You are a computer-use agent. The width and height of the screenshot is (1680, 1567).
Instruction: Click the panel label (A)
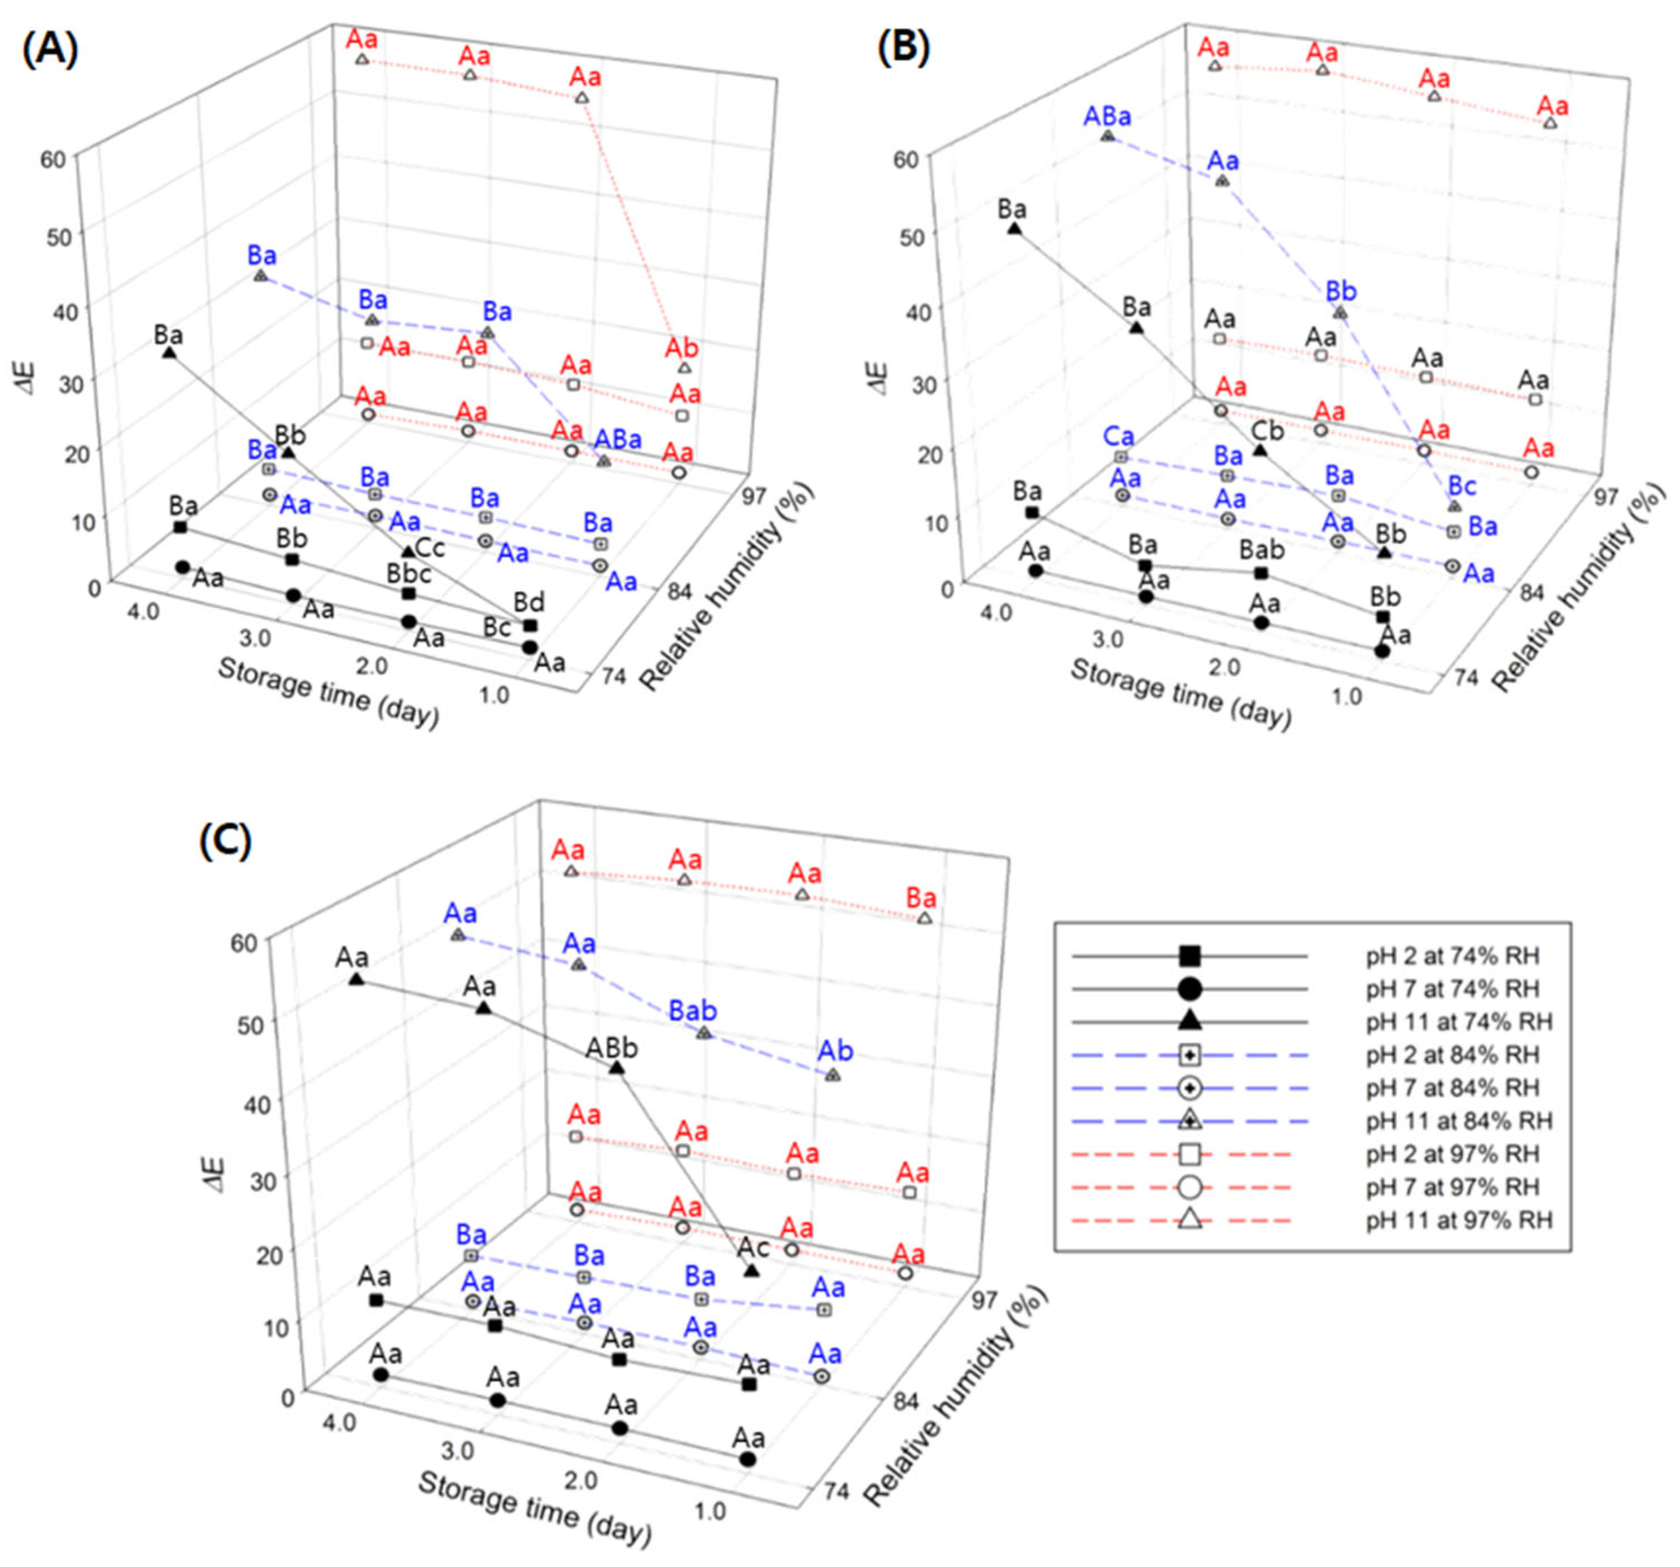coord(50,51)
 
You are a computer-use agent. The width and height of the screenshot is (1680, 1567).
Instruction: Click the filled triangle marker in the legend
coord(1190,1021)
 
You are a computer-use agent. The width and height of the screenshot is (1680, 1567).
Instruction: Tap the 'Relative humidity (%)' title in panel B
coord(1578,586)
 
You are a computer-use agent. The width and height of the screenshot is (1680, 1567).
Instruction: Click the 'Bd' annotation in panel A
coord(529,602)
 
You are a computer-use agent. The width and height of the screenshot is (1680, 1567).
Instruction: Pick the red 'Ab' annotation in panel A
coord(681,347)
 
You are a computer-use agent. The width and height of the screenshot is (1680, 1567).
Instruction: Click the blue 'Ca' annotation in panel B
coord(1118,437)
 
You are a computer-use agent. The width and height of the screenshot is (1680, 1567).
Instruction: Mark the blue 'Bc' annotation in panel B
coord(1462,486)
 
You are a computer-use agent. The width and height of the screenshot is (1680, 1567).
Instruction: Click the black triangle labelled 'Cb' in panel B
coord(1259,450)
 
